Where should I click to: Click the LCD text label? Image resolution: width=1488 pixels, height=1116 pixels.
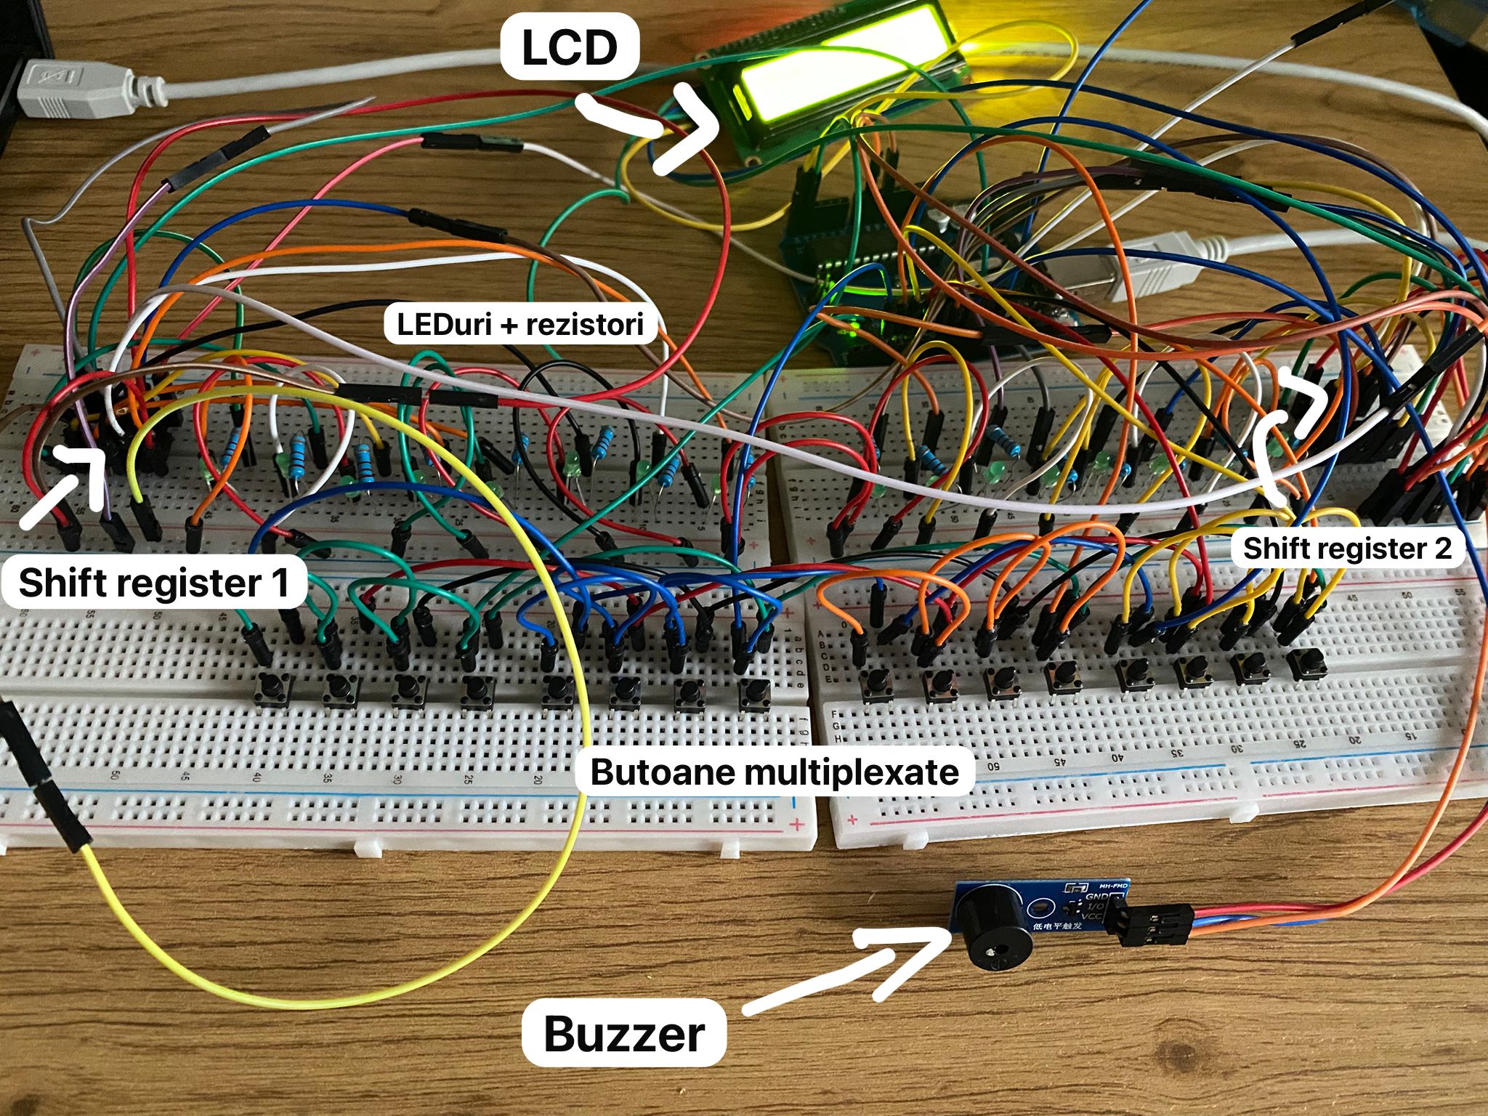[x=570, y=47]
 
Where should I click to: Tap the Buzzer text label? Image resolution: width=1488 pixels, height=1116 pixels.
[x=623, y=1033]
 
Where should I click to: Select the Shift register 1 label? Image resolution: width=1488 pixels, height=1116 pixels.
[x=154, y=583]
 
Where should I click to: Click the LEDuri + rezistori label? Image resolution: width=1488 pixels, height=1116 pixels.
[x=520, y=324]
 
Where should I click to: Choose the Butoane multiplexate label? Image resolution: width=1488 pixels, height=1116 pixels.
[x=774, y=772]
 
